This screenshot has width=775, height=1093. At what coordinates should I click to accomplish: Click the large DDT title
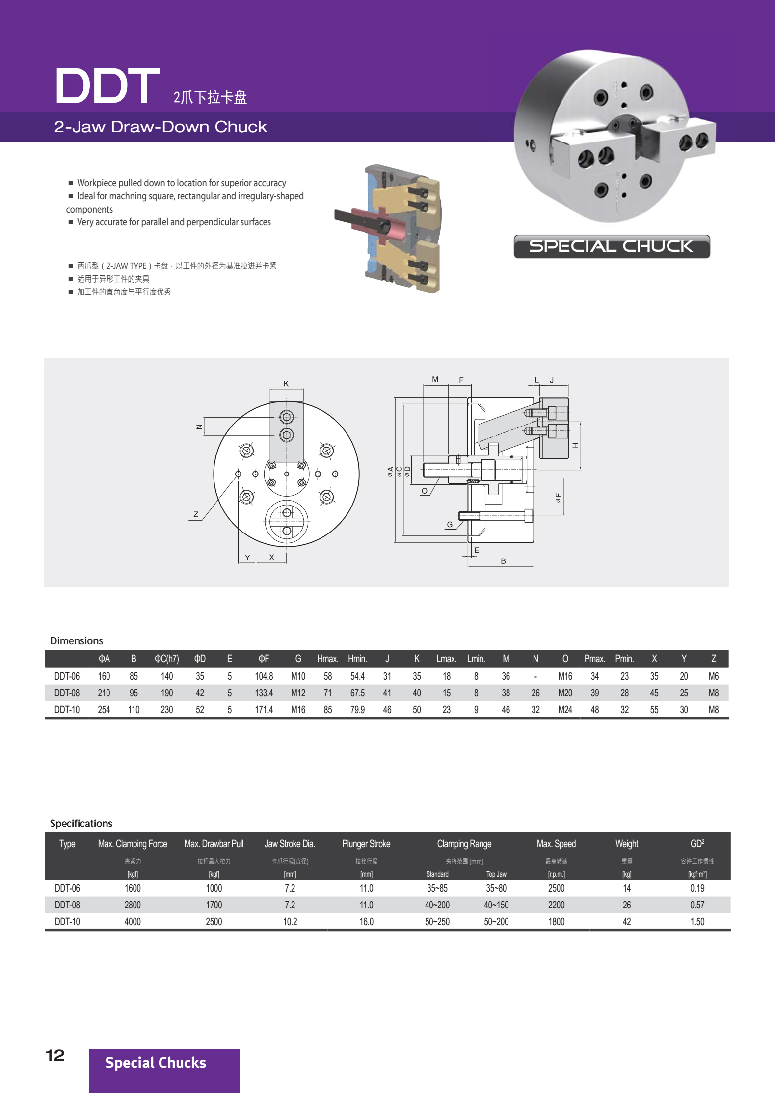point(107,86)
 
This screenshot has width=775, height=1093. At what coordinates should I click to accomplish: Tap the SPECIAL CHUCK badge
point(611,246)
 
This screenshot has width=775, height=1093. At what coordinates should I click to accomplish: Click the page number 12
point(55,1055)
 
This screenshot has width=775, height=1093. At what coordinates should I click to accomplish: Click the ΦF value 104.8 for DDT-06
point(264,676)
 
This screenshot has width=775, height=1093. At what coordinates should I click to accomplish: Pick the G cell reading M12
point(298,693)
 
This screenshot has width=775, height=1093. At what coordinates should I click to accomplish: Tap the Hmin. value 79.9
point(357,710)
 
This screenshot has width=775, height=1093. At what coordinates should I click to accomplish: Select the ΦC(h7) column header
point(167,659)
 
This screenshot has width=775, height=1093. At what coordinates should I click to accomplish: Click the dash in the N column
point(535,676)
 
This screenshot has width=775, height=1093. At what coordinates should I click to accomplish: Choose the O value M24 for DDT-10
point(565,710)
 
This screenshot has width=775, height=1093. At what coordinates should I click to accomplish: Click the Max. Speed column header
point(556,844)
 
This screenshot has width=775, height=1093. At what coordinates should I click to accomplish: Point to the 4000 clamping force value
point(133,922)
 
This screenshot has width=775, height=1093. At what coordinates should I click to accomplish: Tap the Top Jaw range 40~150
point(496,905)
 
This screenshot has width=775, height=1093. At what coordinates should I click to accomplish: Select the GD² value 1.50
point(697,922)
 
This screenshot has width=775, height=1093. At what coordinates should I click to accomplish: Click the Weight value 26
point(627,905)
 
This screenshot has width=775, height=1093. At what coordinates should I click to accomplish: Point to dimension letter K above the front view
point(286,384)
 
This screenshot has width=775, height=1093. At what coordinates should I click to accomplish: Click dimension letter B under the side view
point(503,561)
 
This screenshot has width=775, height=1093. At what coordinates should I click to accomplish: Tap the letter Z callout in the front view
point(196,514)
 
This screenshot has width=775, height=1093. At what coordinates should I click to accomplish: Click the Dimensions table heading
point(77,641)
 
